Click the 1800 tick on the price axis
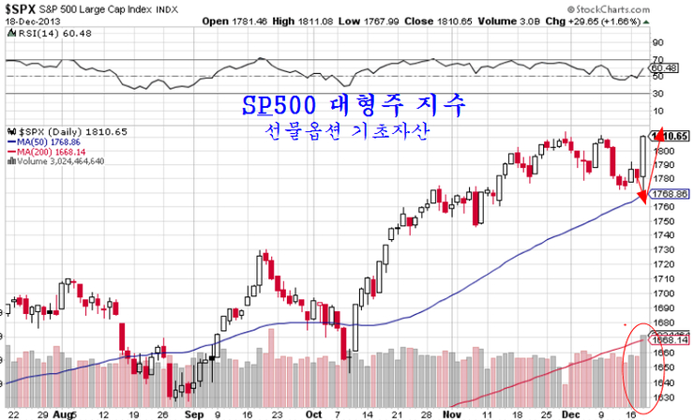coord(662,151)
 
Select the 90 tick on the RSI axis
coord(657,42)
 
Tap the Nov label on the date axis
coord(453,412)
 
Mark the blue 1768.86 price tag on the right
coord(671,193)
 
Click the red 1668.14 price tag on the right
coord(671,340)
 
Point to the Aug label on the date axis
coord(65,412)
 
